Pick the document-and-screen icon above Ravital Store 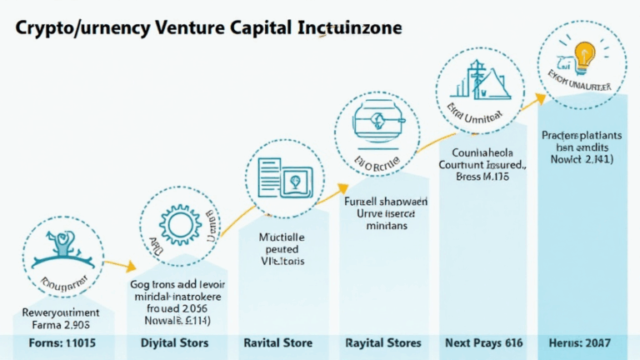(x=278, y=177)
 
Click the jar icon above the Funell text (x=376, y=121)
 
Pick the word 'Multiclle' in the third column (x=279, y=236)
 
